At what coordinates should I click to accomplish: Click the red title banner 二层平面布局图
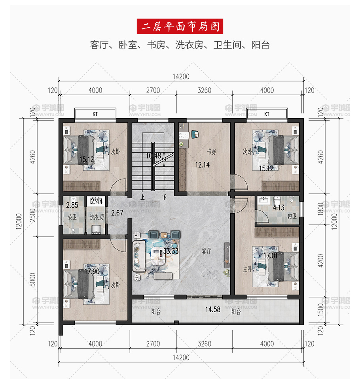pos(180,26)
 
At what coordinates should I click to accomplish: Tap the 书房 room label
pos(212,151)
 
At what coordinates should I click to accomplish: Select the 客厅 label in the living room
pos(207,251)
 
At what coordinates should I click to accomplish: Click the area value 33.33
pos(171,251)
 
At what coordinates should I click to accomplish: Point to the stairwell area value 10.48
pos(153,156)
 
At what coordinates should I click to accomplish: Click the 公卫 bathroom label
pos(72,217)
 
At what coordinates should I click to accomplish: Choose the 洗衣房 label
pos(97,217)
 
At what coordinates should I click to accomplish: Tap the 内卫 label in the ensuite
pos(292,216)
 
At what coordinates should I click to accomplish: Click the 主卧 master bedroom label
pos(247,269)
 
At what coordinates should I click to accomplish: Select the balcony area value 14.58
pos(213,309)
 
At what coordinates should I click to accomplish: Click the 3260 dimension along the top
pos(205,91)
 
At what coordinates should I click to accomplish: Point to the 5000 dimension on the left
pos(32,280)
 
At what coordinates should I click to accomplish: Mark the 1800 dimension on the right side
pos(320,209)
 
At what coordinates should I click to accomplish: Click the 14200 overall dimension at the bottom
pos(181,358)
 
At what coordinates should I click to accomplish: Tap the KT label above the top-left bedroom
pos(95,114)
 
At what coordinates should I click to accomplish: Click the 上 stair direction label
pos(143,197)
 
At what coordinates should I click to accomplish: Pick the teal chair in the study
pos(195,134)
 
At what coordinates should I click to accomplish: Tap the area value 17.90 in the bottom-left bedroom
pos(92,272)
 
